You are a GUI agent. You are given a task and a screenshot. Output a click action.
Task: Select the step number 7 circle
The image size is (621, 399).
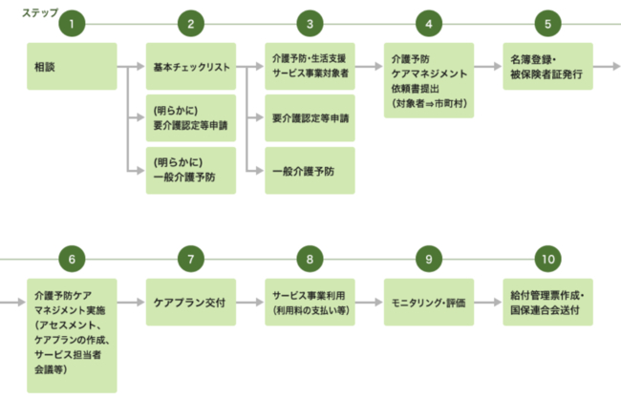tap(190, 260)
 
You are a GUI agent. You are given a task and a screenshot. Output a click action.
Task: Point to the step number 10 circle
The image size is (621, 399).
tap(547, 260)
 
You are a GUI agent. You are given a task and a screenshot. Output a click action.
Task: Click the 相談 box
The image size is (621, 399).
tap(72, 67)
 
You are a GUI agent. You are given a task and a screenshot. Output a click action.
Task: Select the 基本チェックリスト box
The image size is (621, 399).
tap(190, 67)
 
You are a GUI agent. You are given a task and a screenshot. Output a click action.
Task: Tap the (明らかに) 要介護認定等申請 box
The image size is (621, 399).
tap(190, 117)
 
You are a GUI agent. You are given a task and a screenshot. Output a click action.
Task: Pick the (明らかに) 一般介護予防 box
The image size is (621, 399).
tap(190, 170)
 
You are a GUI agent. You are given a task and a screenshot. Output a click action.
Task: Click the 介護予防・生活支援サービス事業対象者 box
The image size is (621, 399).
tap(310, 67)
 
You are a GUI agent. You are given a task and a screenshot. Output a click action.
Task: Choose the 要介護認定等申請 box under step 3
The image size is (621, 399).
tap(310, 118)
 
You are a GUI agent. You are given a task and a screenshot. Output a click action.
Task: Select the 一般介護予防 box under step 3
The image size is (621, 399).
tap(310, 170)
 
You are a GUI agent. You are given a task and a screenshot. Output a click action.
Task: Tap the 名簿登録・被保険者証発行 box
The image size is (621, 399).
tap(547, 67)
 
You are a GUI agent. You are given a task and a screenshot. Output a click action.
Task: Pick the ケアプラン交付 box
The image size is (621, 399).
tap(190, 303)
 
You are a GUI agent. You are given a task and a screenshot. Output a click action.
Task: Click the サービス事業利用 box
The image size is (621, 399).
tap(310, 303)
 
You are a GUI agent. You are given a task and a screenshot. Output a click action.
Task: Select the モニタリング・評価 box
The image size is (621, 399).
tap(429, 303)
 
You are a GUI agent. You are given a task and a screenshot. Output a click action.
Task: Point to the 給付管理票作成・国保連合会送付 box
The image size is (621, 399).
tap(547, 303)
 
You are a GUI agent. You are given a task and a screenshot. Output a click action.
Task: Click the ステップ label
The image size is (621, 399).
tap(26, 11)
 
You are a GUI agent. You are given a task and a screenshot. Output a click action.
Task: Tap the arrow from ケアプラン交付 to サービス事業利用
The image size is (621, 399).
tap(249, 303)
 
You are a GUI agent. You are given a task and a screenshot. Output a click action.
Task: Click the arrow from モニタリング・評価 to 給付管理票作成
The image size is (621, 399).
tap(488, 303)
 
